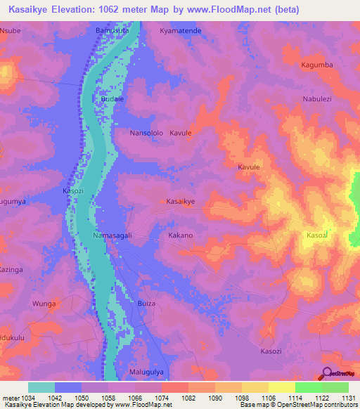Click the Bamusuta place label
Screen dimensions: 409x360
click(x=112, y=32)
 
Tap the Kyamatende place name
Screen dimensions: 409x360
click(x=181, y=32)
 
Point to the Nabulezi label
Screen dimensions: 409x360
click(x=317, y=99)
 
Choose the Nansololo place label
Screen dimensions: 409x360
click(x=147, y=132)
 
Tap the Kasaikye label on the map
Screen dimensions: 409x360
click(x=181, y=201)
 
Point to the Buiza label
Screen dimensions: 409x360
click(x=146, y=304)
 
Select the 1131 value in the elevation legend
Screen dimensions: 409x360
click(x=347, y=397)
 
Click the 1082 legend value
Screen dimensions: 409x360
click(x=187, y=397)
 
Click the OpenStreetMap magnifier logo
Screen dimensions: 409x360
click(x=326, y=374)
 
